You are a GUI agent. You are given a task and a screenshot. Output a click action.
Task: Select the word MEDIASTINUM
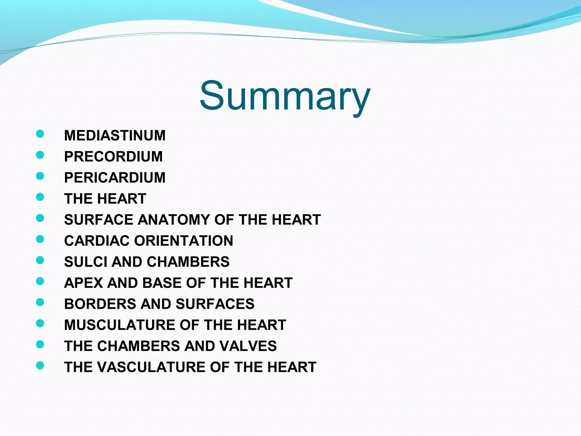[x=115, y=135]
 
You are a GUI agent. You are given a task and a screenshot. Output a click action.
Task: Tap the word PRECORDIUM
[x=113, y=156]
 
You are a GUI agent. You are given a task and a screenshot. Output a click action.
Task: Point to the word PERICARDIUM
[x=115, y=178]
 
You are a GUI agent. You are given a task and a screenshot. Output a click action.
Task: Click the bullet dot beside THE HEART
[x=40, y=197]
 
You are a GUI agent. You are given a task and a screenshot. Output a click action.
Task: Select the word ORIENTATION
[x=184, y=241]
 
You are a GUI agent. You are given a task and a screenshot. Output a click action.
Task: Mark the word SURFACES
[x=215, y=304]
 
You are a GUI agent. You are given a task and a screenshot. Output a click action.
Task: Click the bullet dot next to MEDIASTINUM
[x=40, y=134]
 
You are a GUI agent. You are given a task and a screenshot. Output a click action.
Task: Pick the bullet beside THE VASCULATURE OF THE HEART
[x=40, y=365]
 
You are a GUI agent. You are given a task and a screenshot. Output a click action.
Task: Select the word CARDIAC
[x=97, y=241]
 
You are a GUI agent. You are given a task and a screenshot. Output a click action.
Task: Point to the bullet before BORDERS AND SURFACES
[x=40, y=302]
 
